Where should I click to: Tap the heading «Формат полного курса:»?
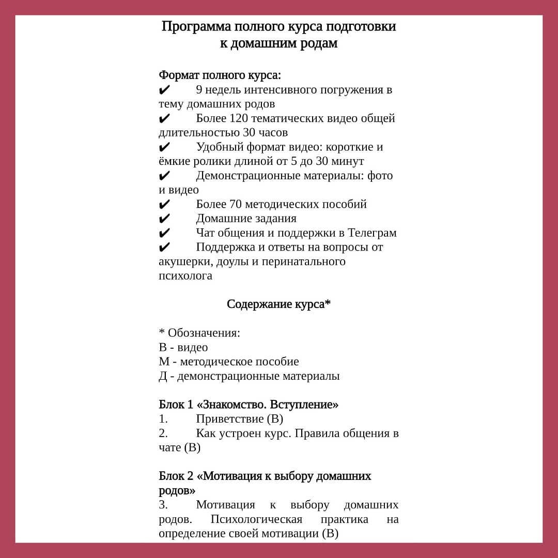click(x=220, y=75)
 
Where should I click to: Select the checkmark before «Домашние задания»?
click(x=164, y=219)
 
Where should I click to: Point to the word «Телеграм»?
click(x=372, y=233)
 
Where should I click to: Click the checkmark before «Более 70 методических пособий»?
click(x=164, y=204)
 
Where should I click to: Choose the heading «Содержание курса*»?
click(x=278, y=304)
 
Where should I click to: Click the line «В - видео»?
click(x=183, y=347)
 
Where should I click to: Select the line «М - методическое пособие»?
click(x=228, y=362)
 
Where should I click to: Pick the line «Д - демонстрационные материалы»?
click(x=249, y=376)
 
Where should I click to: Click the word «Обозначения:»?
click(x=204, y=333)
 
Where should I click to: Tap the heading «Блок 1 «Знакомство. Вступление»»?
click(x=248, y=405)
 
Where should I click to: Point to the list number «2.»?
click(x=163, y=433)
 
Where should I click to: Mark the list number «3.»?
click(x=163, y=505)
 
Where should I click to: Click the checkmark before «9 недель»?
click(x=164, y=90)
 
